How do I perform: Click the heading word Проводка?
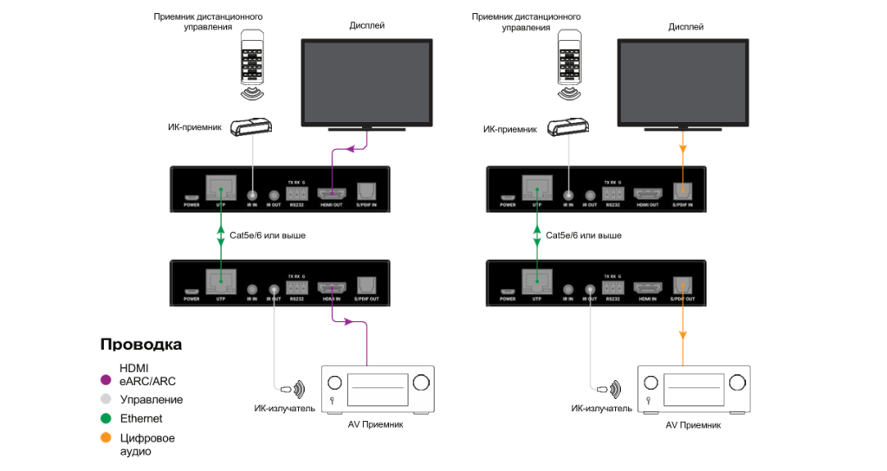tap(141, 345)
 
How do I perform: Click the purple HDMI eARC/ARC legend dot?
tap(106, 379)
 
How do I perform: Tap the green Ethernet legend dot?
tap(106, 419)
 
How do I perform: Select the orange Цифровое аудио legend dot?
tap(106, 438)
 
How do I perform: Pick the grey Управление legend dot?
tap(106, 399)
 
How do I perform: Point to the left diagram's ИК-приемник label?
tap(194, 128)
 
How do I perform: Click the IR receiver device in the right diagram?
tap(568, 127)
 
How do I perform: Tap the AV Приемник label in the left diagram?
tap(377, 424)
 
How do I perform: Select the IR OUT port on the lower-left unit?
tap(275, 291)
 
